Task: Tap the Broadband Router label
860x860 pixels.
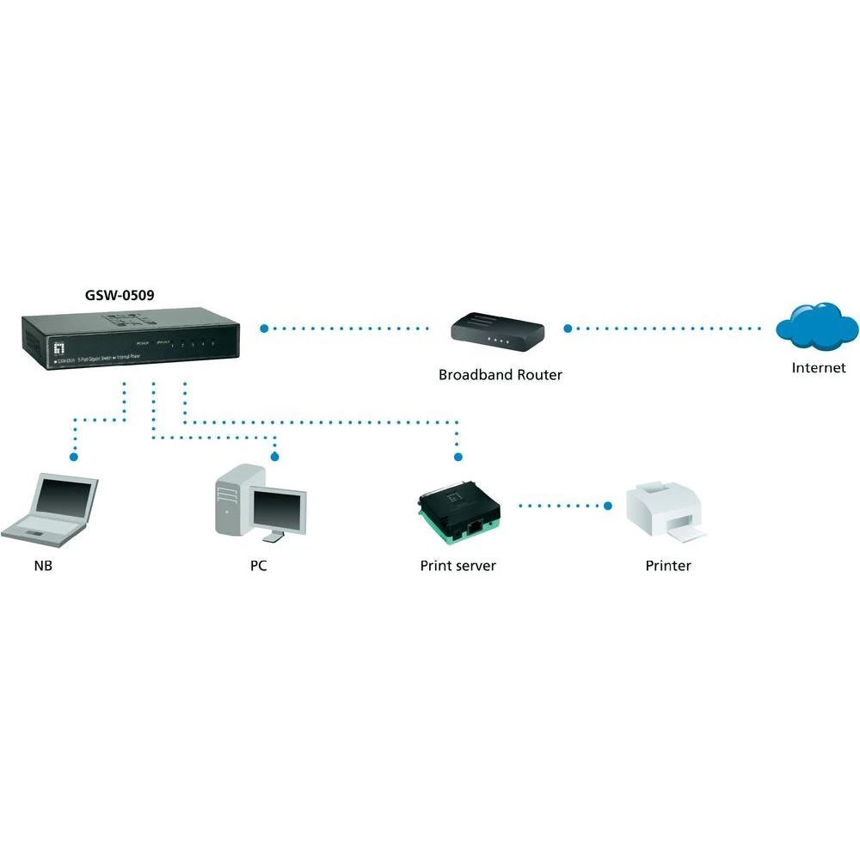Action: (500, 375)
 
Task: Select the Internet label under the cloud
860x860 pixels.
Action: (818, 368)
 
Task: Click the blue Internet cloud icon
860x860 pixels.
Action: (816, 325)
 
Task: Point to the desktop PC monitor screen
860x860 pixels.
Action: (278, 507)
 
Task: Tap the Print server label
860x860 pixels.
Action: (458, 566)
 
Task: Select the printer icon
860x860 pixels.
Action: (666, 511)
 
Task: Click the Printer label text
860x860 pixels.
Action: (668, 566)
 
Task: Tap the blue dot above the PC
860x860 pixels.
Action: (275, 456)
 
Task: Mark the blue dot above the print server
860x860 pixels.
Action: (458, 456)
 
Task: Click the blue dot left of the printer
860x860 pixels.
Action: (608, 506)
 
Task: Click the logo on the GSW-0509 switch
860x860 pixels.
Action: (60, 347)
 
